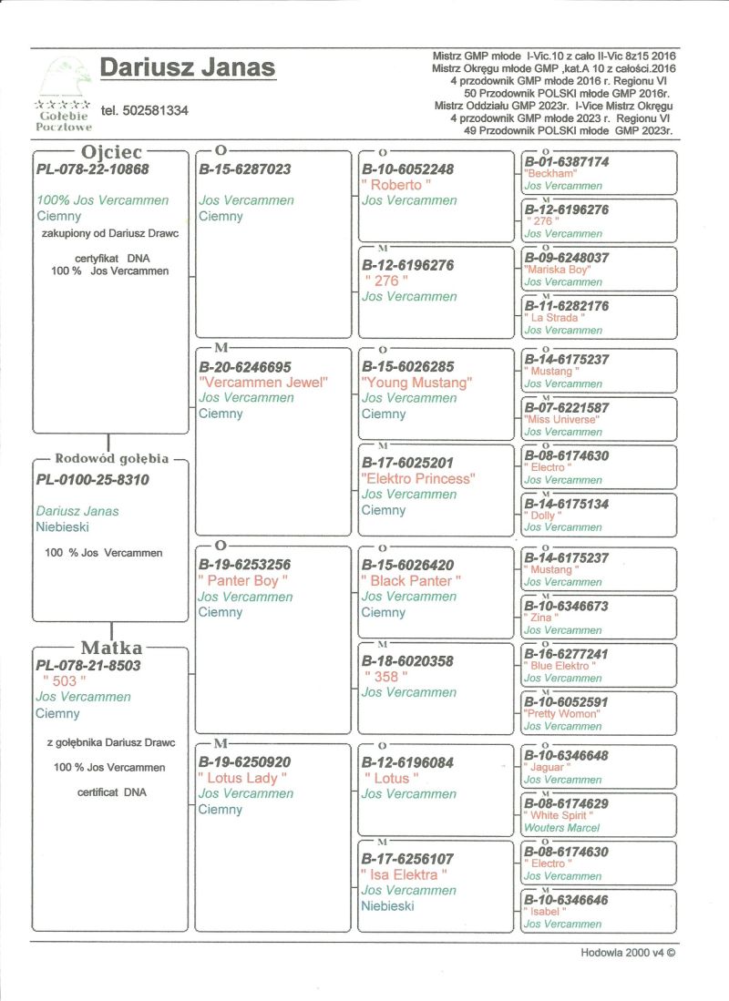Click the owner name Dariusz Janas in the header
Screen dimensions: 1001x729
187,68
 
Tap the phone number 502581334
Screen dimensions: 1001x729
145,110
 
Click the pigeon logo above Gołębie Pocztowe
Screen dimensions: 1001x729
63,77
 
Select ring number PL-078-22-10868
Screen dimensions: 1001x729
92,169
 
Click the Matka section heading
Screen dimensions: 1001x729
111,648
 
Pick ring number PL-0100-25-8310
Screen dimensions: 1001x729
92,479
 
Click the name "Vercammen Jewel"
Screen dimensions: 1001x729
262,383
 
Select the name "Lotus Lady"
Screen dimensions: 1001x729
242,778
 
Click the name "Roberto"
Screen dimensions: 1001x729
396,185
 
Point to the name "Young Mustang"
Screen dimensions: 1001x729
416,383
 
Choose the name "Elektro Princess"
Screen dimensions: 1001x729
418,478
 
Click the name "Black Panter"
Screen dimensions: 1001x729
411,580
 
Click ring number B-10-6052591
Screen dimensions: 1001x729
567,702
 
